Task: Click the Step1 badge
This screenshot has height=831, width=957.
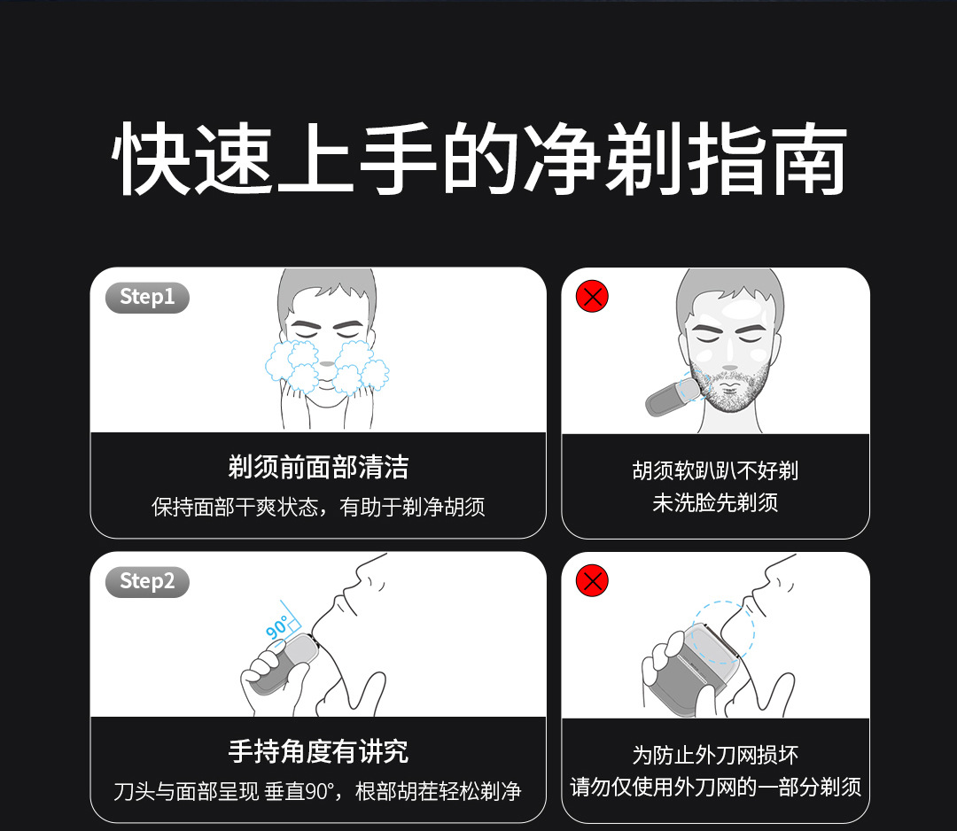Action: tap(147, 297)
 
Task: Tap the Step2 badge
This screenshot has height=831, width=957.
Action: tap(147, 581)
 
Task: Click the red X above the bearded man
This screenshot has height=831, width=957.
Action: tap(592, 297)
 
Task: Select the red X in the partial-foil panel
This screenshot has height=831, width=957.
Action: tap(592, 580)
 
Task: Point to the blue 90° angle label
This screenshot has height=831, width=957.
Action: tap(277, 626)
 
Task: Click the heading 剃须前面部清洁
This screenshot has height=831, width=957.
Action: tap(318, 468)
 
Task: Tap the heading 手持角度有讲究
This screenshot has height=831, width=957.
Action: tap(318, 751)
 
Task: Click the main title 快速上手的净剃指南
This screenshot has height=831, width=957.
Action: tap(479, 159)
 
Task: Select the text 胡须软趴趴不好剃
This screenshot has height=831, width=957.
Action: tap(715, 470)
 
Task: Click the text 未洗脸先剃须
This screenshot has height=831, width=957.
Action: tap(715, 502)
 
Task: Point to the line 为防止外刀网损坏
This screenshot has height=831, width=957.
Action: tap(715, 756)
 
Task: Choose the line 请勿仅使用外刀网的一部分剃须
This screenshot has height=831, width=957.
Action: tap(715, 787)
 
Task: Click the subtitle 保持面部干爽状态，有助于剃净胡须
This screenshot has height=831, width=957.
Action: tap(318, 507)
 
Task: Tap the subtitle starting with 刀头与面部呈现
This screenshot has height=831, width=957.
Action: tap(317, 791)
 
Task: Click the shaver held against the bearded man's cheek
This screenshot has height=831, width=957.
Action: tap(672, 397)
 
